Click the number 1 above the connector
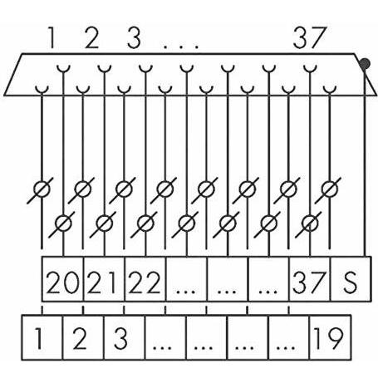point(51,37)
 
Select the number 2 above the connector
point(92,37)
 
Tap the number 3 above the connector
point(134,37)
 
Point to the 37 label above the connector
point(310,37)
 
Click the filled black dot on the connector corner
point(364,64)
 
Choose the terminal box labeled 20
point(62,279)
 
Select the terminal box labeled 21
point(104,279)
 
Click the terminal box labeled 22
point(145,279)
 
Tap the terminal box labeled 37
point(310,279)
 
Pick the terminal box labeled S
point(351,279)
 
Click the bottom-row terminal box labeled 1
point(42,337)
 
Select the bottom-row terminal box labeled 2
point(83,337)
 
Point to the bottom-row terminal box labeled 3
point(125,337)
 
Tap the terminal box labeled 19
point(331,337)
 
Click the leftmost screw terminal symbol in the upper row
point(42,189)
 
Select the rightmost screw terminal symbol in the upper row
point(330,189)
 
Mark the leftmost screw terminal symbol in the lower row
point(63,223)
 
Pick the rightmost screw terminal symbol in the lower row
point(310,223)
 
